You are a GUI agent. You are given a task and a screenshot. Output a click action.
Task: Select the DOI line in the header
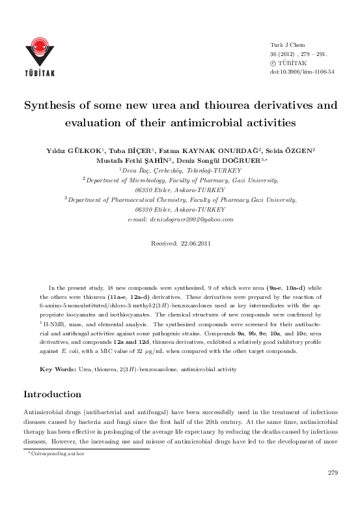coord(301,71)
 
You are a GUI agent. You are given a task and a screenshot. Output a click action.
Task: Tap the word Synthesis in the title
coord(51,104)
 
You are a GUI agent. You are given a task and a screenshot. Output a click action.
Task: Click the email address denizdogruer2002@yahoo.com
coord(184,219)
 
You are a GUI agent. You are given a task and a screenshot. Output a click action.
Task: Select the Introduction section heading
coord(52,395)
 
